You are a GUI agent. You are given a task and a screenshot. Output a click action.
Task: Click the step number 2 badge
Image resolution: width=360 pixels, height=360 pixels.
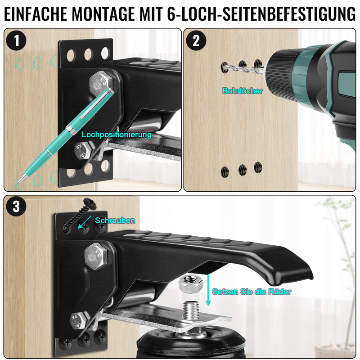click(x=196, y=41)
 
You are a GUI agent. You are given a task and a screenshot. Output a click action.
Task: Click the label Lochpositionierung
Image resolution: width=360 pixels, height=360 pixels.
click(x=117, y=134)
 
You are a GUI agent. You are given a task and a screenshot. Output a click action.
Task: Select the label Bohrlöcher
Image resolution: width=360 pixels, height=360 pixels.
click(x=243, y=90)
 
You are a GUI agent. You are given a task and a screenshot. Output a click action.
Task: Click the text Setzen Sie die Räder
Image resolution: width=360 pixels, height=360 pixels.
click(x=252, y=292)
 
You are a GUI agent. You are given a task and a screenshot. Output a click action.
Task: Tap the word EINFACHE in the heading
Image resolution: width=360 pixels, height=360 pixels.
click(x=36, y=14)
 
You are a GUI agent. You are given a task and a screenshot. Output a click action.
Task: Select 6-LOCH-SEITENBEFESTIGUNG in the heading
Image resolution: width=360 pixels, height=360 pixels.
click(x=261, y=14)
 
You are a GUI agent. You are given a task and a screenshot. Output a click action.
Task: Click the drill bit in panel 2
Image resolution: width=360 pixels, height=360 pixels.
click(x=240, y=68)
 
